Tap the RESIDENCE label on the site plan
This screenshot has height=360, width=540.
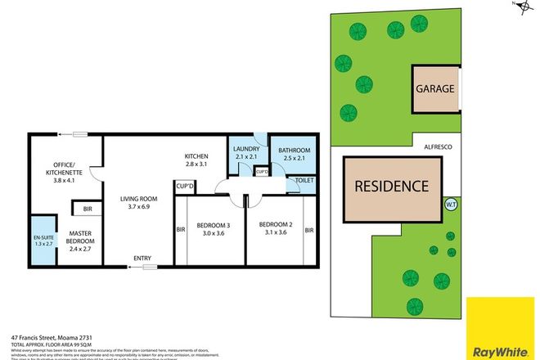tap(391, 186)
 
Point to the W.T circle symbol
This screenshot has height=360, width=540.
tap(449, 205)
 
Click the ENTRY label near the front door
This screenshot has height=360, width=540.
tap(144, 259)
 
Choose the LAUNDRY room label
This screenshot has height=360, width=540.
tap(247, 150)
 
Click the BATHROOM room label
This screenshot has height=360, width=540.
tap(294, 151)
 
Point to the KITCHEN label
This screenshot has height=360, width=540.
tap(196, 155)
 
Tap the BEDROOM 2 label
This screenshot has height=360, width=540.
tap(275, 224)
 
